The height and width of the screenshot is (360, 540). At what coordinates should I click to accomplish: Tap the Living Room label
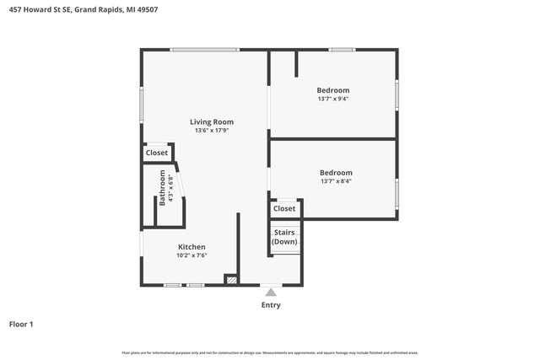211,121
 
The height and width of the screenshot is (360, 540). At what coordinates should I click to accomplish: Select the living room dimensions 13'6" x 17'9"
211,131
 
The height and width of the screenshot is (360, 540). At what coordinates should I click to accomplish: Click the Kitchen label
192,247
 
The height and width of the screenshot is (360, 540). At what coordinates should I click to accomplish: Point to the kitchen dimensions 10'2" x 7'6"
192,255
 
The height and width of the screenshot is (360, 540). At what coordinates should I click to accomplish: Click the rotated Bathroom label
163,189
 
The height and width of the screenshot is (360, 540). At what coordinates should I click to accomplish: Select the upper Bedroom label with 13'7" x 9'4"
332,90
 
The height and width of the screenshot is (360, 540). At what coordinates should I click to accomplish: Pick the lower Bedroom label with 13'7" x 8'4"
336,173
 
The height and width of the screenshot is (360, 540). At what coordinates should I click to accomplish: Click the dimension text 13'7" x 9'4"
332,99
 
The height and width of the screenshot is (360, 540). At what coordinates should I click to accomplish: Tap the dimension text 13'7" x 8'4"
336,181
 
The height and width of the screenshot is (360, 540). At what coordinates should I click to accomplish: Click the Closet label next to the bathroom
157,153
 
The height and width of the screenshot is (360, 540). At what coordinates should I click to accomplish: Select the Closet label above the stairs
284,208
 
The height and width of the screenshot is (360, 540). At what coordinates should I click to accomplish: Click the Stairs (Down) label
284,237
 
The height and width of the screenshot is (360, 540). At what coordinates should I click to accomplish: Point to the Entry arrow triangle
270,293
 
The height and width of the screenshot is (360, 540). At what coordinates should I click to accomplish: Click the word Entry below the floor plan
270,305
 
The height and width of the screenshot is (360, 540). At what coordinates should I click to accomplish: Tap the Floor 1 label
21,324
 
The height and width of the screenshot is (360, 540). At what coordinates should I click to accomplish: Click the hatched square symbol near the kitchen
229,279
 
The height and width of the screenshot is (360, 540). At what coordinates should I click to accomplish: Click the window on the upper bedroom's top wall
341,50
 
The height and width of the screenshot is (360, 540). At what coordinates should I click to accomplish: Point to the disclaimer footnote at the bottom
269,352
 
